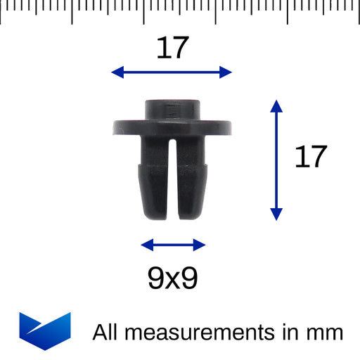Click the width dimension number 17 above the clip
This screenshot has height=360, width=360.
(x=173, y=48)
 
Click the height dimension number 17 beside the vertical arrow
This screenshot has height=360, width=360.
(x=311, y=156)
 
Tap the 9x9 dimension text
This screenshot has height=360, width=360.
(x=173, y=278)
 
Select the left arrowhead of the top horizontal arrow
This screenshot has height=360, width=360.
(x=117, y=72)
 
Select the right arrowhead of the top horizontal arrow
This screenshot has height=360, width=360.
(x=226, y=72)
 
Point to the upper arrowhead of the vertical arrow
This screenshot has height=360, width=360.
(x=276, y=106)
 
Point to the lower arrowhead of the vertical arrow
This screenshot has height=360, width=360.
(x=276, y=214)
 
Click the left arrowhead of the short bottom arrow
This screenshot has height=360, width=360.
(x=147, y=245)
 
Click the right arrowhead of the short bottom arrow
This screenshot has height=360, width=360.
(x=200, y=245)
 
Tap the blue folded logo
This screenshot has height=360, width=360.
(x=45, y=331)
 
